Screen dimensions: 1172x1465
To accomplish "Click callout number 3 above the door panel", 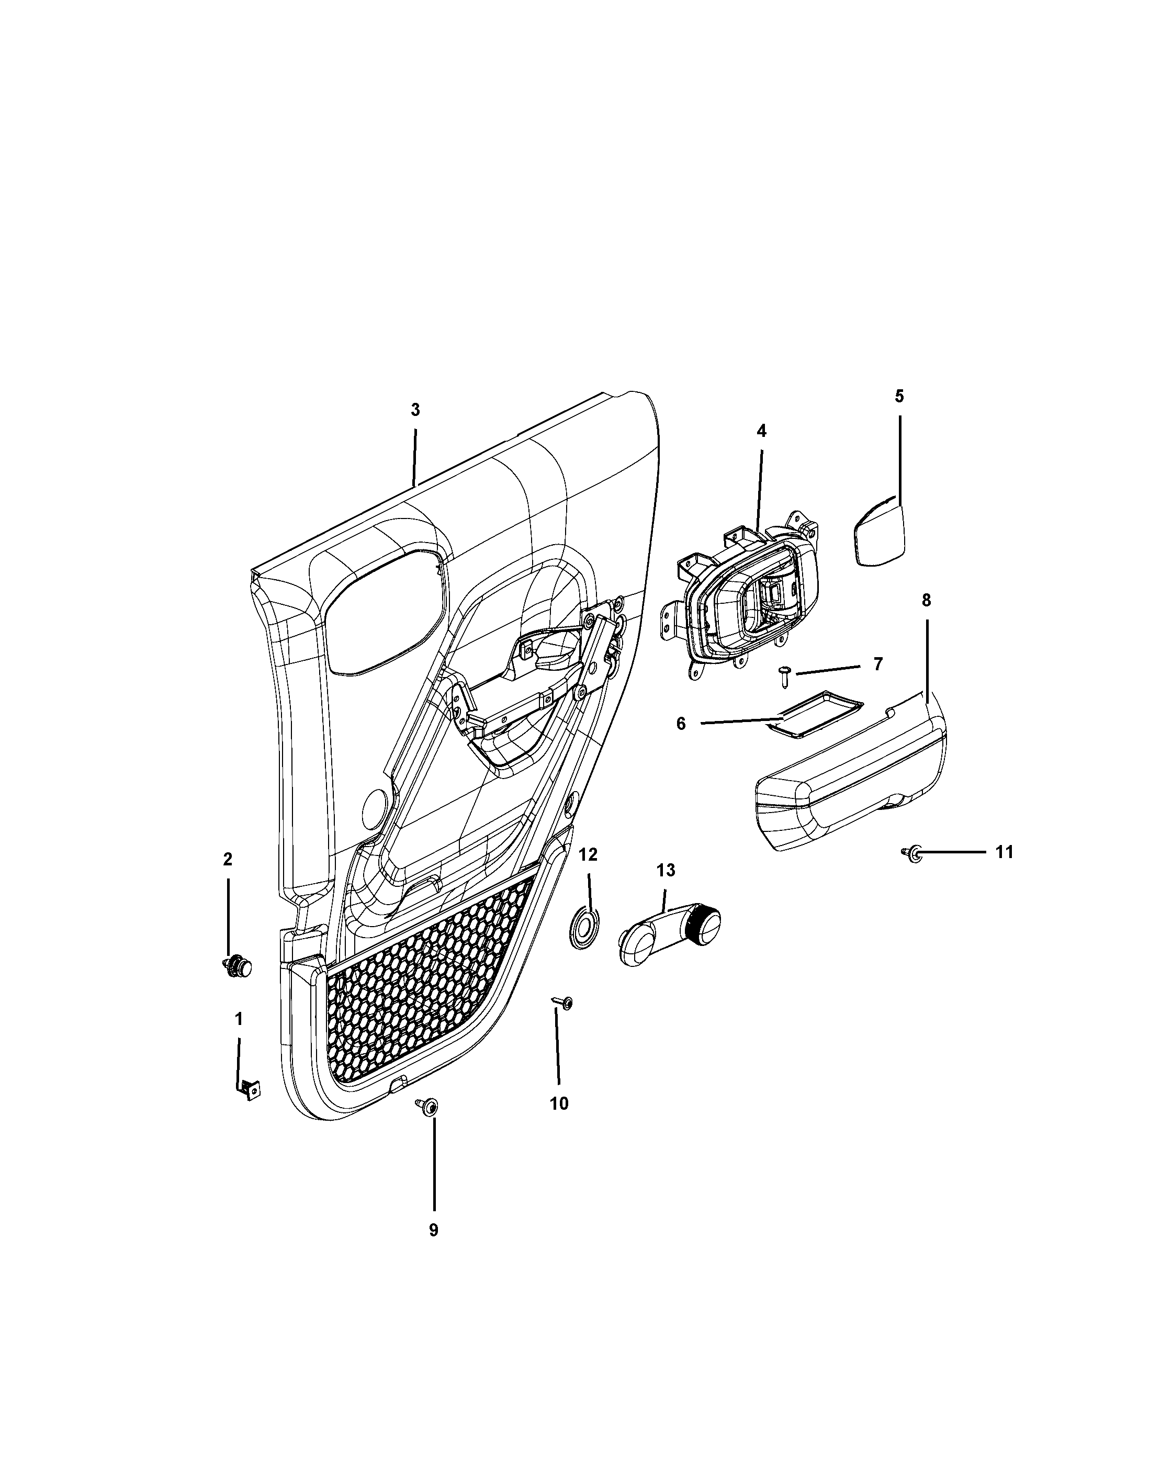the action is tap(415, 410).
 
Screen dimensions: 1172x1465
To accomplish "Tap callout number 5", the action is tap(899, 396).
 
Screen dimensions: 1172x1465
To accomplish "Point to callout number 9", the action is tap(433, 1230).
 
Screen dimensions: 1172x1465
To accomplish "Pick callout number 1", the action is tap(239, 1038).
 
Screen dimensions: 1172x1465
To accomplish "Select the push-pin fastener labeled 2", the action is tap(236, 965).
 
